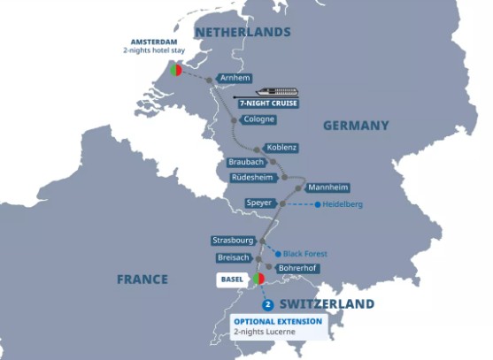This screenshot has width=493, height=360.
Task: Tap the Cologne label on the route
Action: (260, 120)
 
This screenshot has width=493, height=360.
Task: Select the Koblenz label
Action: (281, 147)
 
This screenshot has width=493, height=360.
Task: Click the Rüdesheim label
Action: (252, 178)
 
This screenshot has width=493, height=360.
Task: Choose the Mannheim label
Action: (327, 188)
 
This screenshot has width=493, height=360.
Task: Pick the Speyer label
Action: (259, 203)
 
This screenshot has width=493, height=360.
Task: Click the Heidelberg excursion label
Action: (343, 204)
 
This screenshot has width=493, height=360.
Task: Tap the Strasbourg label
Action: (234, 241)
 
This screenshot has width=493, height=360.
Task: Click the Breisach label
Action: (235, 257)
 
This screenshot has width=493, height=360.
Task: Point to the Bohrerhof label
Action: (297, 268)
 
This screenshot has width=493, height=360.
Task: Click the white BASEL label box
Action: (232, 280)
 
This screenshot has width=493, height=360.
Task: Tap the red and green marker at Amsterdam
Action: (176, 68)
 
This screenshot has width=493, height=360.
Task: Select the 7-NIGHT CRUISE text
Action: (268, 103)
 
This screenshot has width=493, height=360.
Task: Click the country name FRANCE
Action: (143, 280)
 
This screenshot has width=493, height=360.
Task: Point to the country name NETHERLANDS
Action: (243, 32)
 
